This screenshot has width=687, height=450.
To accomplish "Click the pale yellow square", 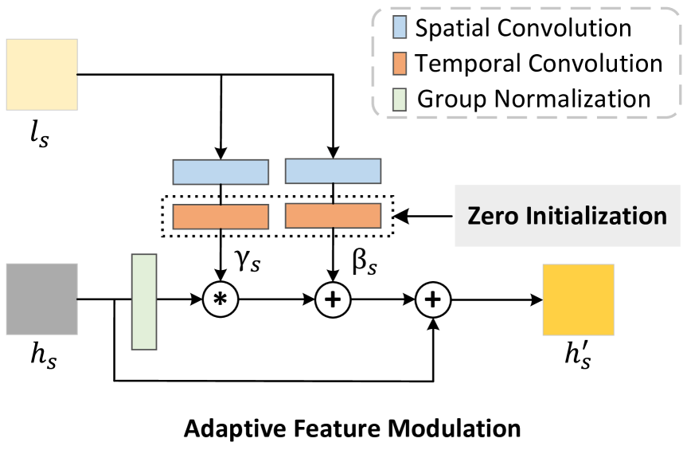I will [x=42, y=74].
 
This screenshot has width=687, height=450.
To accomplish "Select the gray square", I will [x=42, y=299].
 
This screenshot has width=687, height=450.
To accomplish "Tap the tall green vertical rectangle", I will [x=144, y=301].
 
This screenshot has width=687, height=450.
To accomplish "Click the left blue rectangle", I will [x=221, y=172].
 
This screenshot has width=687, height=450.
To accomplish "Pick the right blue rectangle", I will [x=333, y=171].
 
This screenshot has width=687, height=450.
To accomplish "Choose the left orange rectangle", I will [x=221, y=217].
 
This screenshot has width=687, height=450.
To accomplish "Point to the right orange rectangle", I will [x=333, y=216].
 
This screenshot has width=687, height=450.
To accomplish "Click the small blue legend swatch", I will [x=400, y=27].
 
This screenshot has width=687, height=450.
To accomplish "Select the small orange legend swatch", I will [x=400, y=64].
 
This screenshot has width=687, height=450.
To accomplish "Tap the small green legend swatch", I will [x=400, y=100].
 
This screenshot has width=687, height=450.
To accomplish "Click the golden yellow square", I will [x=578, y=299].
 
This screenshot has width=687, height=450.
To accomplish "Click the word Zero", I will [x=493, y=216].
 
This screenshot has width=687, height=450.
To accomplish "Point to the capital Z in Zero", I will [x=475, y=216].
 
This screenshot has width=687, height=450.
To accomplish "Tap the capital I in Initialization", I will [x=530, y=216].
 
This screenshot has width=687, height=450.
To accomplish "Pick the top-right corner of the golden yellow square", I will [x=614, y=264].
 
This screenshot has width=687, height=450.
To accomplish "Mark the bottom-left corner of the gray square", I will [x=6, y=335].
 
